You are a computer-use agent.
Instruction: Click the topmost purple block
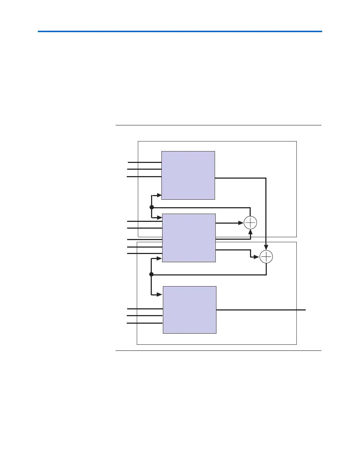tap(188, 175)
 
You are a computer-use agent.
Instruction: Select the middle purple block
tap(189, 238)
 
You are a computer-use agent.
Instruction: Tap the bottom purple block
tap(190, 310)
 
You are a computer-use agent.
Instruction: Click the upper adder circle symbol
tap(250, 223)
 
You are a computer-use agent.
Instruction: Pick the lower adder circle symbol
tap(266, 257)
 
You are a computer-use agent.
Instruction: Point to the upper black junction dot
tap(151, 207)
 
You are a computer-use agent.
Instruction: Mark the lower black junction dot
tap(151, 274)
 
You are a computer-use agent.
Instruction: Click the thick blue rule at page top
tap(180, 31)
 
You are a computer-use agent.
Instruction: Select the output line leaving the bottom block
tap(261, 310)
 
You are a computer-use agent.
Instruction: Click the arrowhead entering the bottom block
tap(161, 295)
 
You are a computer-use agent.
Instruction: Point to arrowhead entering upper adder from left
tap(241, 223)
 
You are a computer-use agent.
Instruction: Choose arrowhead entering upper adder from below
tap(250, 231)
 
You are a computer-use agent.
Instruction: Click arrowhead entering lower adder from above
tap(266, 248)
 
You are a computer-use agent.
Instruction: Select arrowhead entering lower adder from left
tap(257, 257)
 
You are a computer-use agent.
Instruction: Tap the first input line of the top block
tap(145, 163)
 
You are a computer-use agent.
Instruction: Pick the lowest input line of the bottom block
tap(145, 323)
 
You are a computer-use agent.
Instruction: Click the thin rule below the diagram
tap(218, 351)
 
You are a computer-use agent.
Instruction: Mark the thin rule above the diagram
tap(218, 125)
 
